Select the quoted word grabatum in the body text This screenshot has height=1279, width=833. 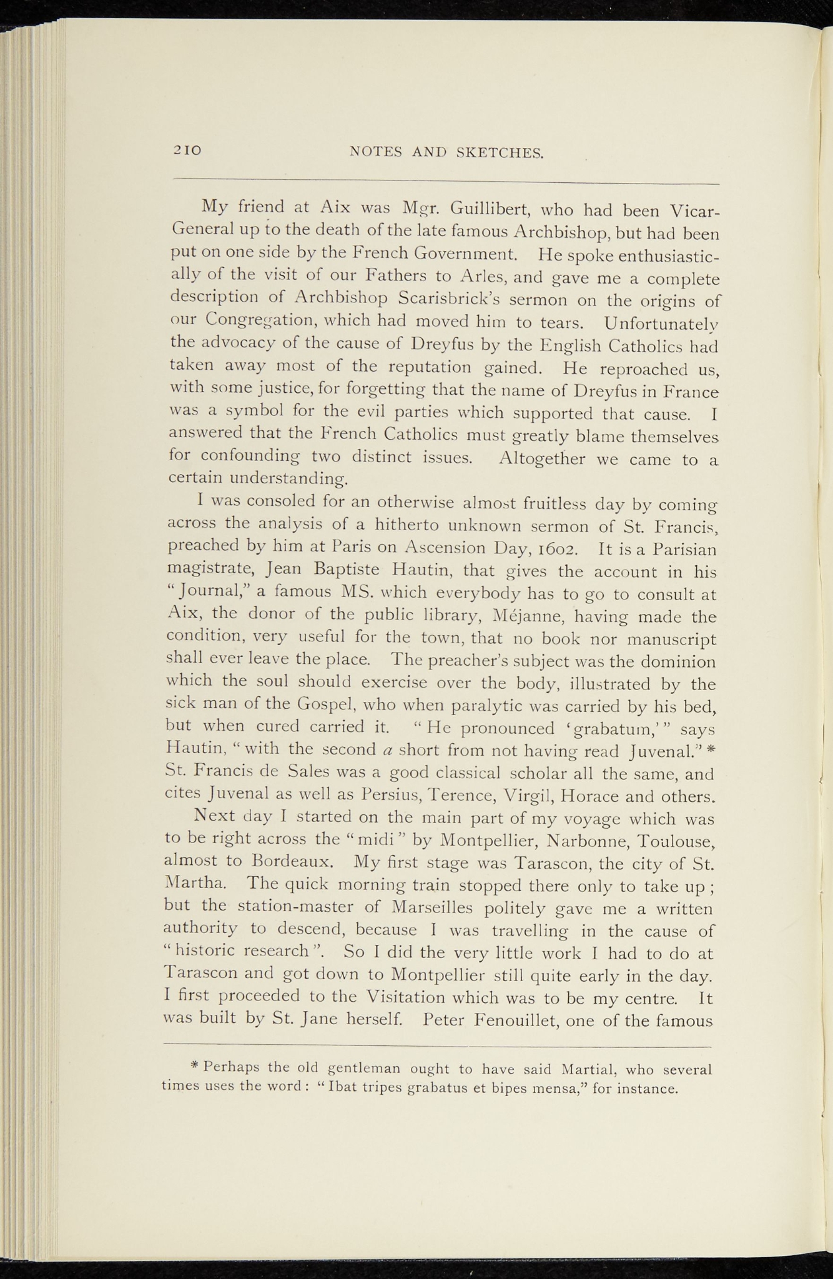(x=614, y=729)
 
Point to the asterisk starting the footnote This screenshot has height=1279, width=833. (x=194, y=1067)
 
